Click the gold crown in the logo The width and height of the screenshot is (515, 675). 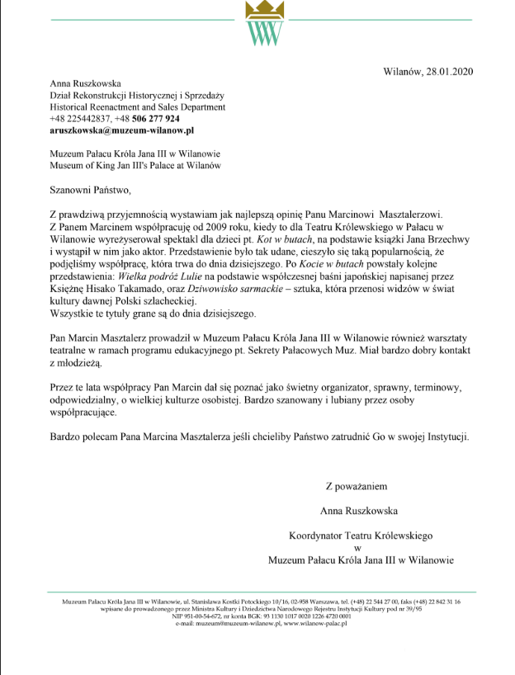point(262,11)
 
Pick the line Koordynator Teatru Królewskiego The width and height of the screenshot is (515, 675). point(361,536)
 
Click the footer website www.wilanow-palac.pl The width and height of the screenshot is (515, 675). point(315,624)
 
